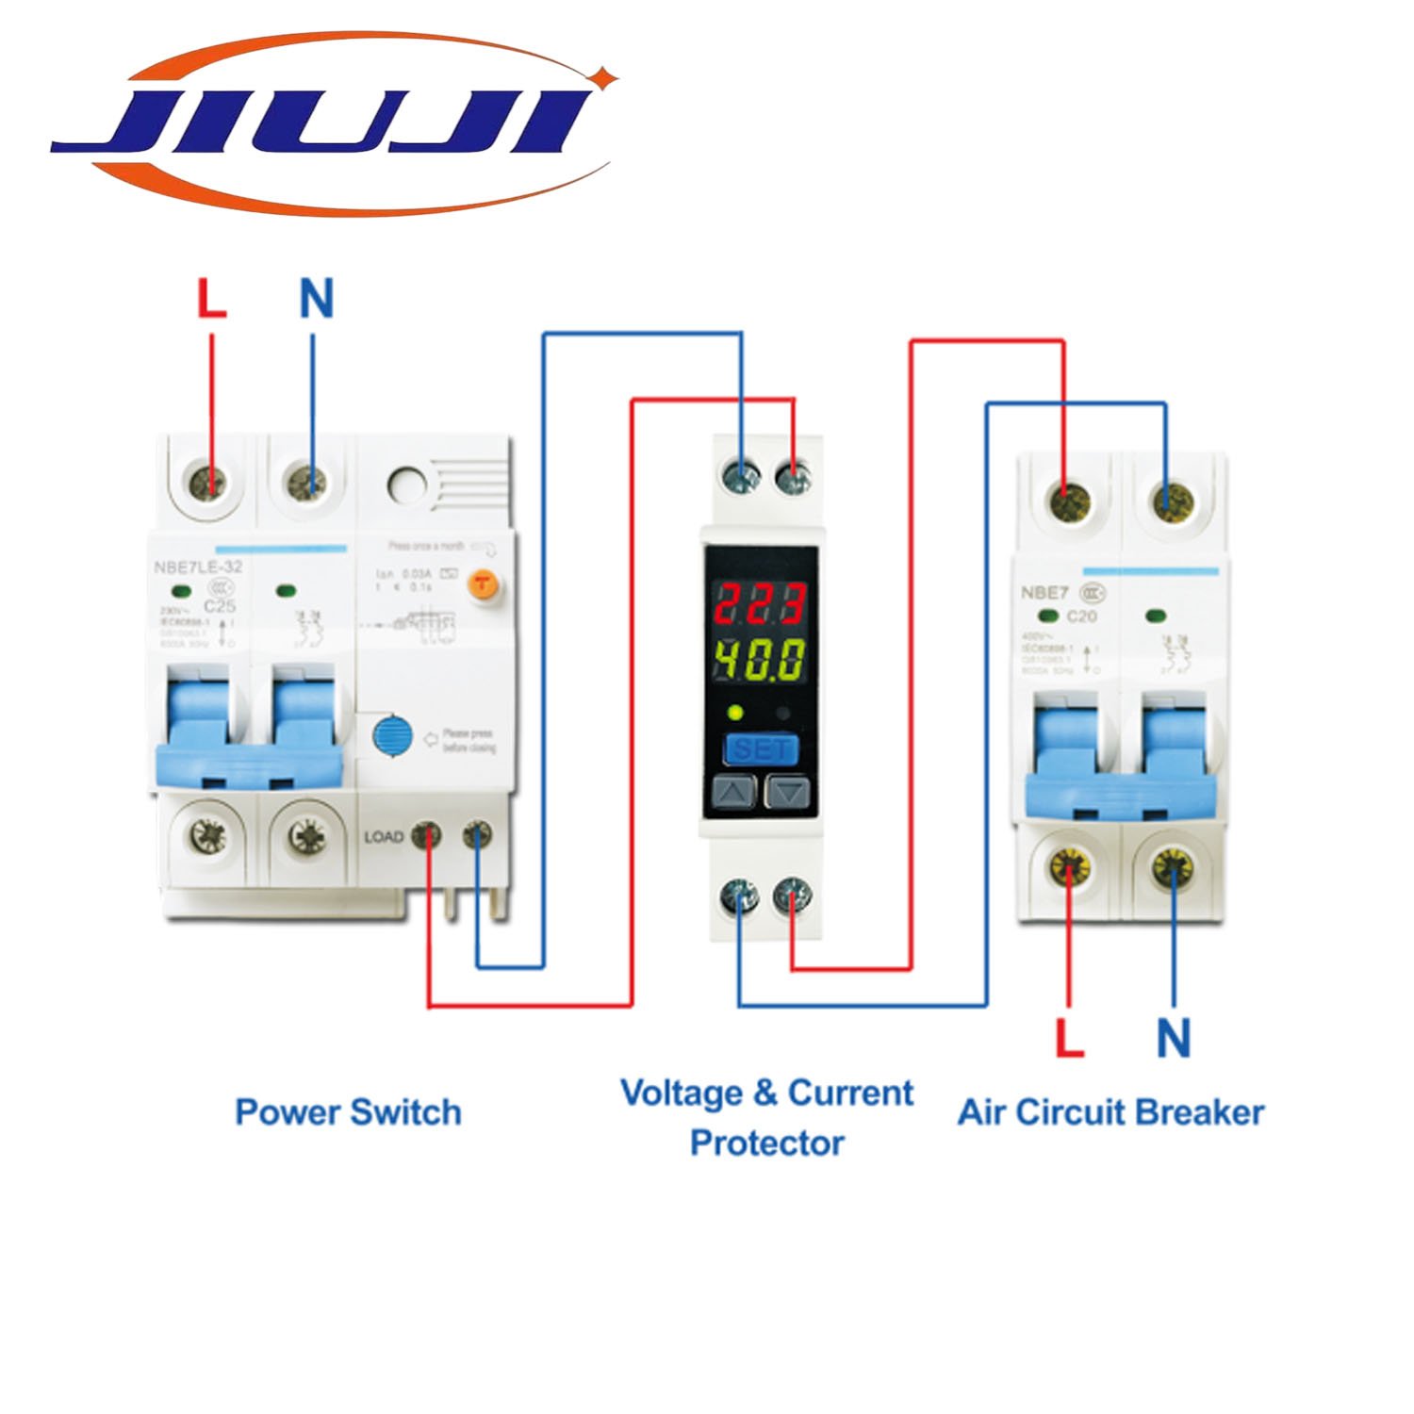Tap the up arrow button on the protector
(x=734, y=792)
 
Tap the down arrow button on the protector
(x=787, y=792)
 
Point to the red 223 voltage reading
(x=759, y=603)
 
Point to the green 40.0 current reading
(x=759, y=660)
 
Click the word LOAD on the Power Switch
(x=384, y=837)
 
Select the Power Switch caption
(x=348, y=1112)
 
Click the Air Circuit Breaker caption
(x=1110, y=1112)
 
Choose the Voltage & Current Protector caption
(x=766, y=1118)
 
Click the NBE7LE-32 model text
(x=197, y=567)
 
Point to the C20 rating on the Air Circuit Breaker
(x=1081, y=617)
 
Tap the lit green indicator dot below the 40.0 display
(x=735, y=713)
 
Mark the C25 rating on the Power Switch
(x=219, y=606)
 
